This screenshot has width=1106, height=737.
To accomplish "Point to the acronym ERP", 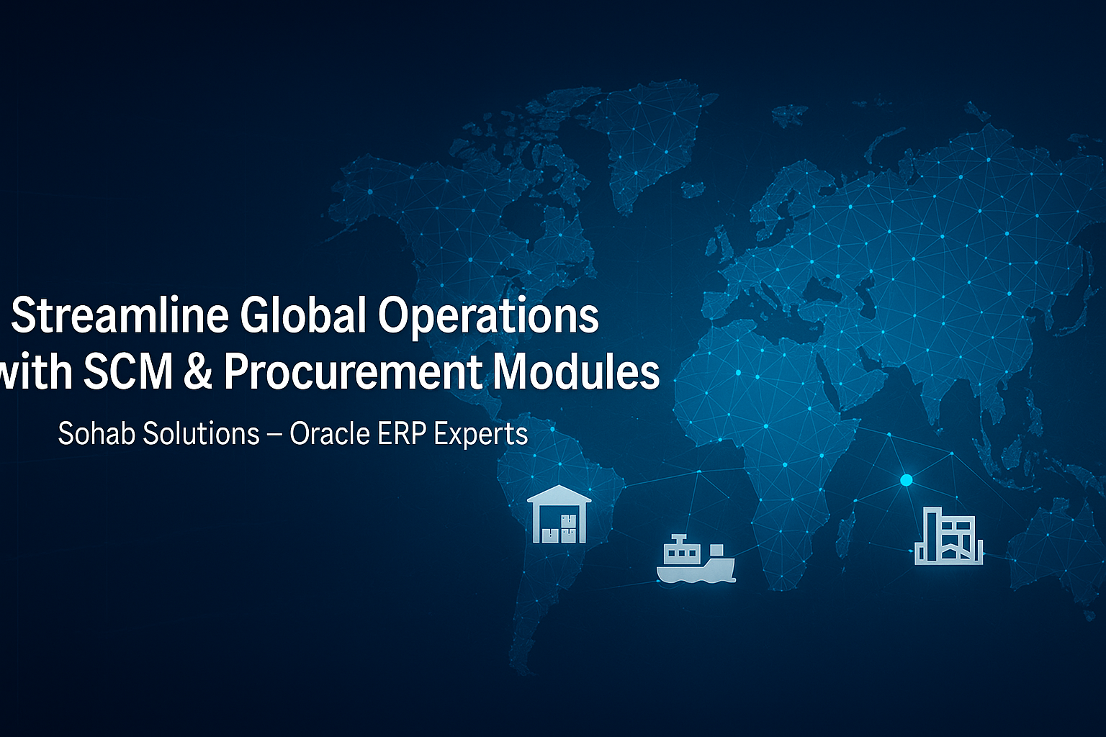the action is [403, 433].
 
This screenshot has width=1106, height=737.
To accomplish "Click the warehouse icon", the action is [559, 514].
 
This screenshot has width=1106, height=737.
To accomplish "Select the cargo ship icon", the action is [696, 559].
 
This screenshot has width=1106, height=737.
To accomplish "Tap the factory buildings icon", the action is [948, 535].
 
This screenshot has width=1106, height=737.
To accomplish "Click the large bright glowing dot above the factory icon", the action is [906, 480].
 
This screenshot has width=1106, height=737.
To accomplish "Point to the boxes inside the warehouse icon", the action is [559, 529].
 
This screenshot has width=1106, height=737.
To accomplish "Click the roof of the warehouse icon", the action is [559, 494].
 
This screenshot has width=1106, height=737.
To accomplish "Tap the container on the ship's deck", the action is [716, 550].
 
